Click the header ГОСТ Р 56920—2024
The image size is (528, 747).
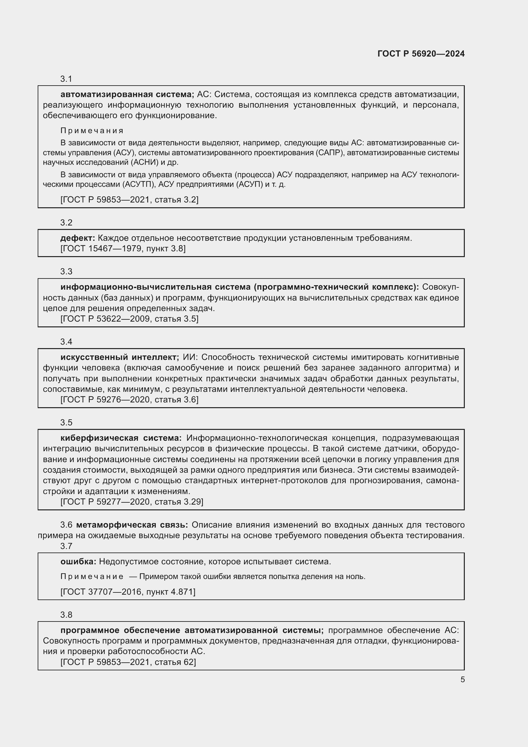tap(421, 54)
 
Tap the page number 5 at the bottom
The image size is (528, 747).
tap(462, 680)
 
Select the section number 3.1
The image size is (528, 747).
tap(66, 79)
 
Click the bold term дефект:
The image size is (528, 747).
tap(78, 238)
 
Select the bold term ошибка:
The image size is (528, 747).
tap(78, 561)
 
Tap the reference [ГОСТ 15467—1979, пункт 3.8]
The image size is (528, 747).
tap(123, 249)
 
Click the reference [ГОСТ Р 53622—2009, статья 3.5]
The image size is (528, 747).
tap(129, 319)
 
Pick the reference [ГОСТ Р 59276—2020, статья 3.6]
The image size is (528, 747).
tap(129, 400)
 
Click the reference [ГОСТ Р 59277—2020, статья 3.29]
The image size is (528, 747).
tap(132, 502)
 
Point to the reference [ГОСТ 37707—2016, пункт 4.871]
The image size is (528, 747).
tap(128, 592)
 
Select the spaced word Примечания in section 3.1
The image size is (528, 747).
tap(92, 131)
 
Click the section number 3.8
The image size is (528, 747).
tap(66, 614)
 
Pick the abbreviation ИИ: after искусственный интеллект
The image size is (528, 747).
tap(190, 357)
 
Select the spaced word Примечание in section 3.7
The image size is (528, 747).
tap(92, 577)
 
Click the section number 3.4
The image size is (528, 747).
tap(66, 342)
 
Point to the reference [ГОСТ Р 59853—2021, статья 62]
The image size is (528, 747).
tap(128, 662)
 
